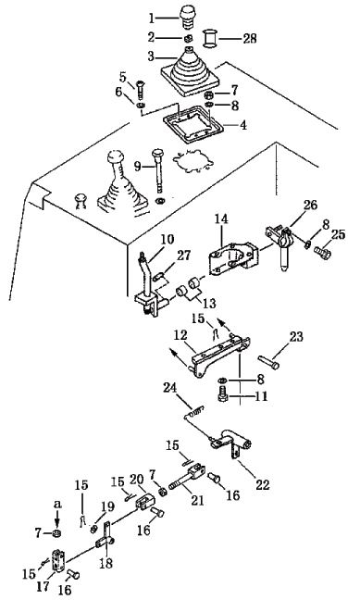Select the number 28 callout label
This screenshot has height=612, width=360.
(249, 39)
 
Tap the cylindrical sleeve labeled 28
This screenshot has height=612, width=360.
(211, 39)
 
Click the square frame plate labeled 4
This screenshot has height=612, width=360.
(193, 126)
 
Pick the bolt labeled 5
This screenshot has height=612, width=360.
(140, 88)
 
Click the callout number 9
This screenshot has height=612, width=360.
(138, 167)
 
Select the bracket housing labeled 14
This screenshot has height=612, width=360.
(233, 258)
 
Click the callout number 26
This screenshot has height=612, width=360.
(310, 206)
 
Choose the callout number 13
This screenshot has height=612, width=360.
(208, 304)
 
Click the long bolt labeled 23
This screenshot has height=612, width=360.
(268, 361)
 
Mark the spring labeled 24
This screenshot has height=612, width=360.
(195, 411)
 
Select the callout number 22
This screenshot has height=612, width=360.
(262, 485)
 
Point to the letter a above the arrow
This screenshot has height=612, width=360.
(57, 505)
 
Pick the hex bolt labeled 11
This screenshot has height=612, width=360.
(222, 393)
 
